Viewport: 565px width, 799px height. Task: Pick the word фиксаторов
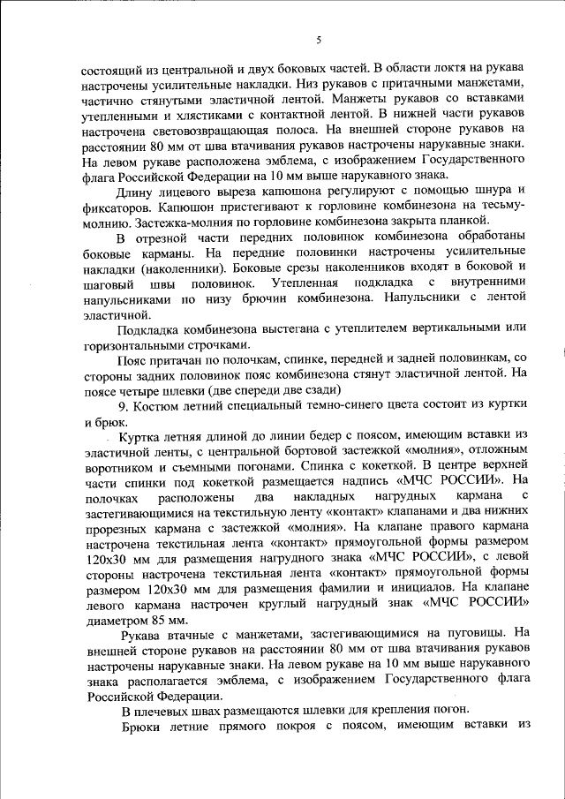click(x=117, y=208)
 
